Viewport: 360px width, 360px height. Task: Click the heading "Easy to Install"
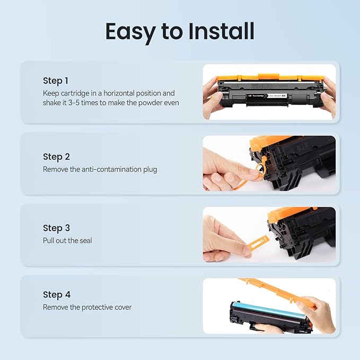point(180,31)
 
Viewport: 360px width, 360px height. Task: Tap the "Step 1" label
point(56,81)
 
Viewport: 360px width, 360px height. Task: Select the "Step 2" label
point(56,157)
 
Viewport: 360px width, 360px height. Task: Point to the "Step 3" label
point(56,228)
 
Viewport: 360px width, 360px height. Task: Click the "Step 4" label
point(57,295)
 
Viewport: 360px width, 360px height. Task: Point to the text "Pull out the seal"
point(67,241)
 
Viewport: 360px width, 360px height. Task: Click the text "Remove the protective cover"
point(87,308)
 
